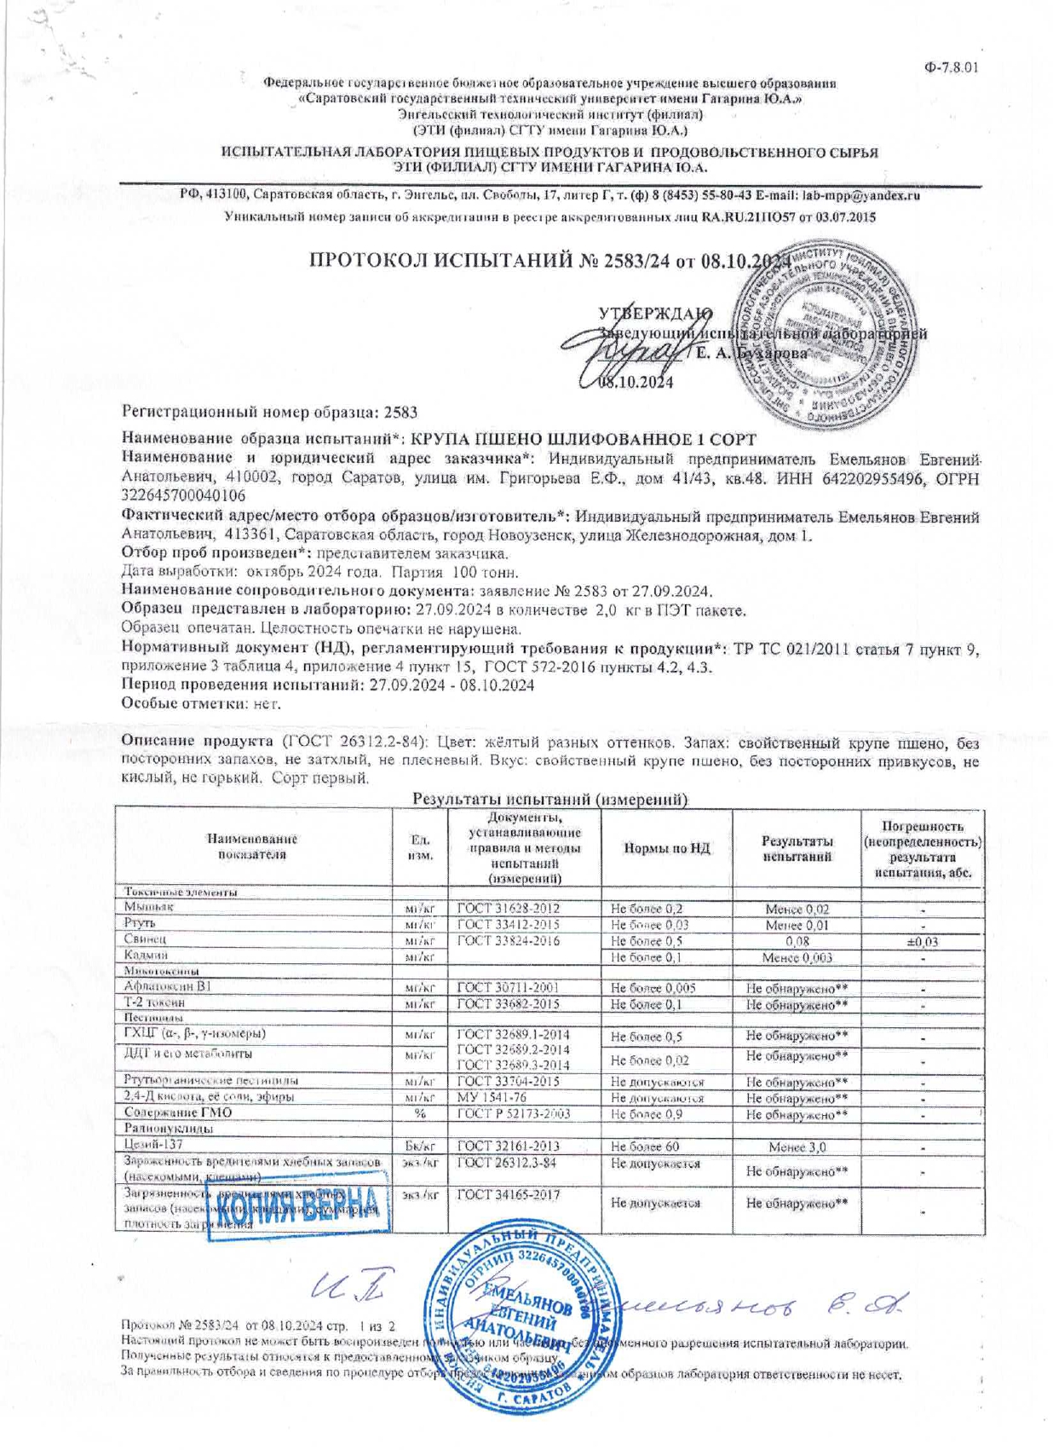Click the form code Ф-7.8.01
(x=951, y=67)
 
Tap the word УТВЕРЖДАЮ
(x=655, y=313)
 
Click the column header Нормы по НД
(x=666, y=848)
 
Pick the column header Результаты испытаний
(x=797, y=848)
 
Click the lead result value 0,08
(x=797, y=941)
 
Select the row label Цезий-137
(x=153, y=1145)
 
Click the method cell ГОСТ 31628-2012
(x=508, y=909)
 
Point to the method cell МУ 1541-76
(x=490, y=1097)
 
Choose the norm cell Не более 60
(x=645, y=1147)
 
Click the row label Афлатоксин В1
(x=168, y=987)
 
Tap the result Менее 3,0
(x=797, y=1147)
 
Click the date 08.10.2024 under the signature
(x=636, y=383)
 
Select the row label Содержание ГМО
(x=177, y=1112)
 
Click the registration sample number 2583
(x=400, y=413)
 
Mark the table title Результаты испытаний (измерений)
(x=550, y=799)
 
